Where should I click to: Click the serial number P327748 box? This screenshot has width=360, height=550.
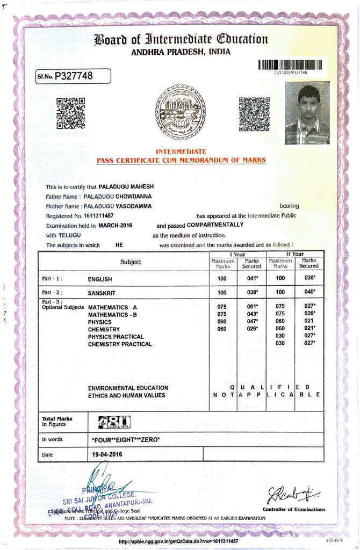(x=73, y=76)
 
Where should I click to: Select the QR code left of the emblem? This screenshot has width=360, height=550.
(x=71, y=113)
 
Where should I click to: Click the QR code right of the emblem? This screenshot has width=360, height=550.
(x=254, y=114)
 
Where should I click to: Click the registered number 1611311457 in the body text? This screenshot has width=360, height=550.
(x=99, y=215)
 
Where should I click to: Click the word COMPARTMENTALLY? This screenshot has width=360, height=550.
(x=215, y=225)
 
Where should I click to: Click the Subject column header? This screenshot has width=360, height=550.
(x=131, y=262)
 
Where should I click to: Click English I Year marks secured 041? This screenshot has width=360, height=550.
(x=252, y=279)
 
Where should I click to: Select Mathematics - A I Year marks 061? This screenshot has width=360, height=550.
(x=252, y=306)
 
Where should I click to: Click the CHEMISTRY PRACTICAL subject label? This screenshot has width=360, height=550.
(x=120, y=344)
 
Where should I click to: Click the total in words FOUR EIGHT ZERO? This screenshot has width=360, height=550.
(x=127, y=440)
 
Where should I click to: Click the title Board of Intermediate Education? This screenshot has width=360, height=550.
(x=181, y=39)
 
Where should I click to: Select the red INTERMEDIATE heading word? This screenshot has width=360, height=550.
(x=181, y=152)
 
